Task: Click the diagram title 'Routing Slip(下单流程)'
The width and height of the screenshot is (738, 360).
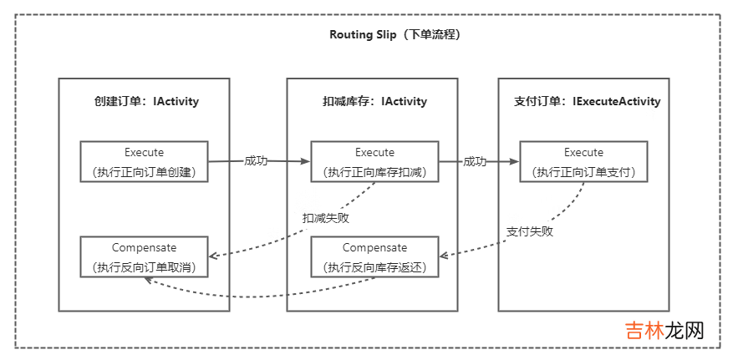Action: (395, 35)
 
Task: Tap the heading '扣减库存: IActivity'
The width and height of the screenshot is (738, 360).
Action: (374, 101)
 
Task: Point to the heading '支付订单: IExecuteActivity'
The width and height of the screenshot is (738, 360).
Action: (587, 101)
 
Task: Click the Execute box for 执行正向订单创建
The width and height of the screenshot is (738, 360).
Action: (144, 162)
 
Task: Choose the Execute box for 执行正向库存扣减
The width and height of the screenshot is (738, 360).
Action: (374, 162)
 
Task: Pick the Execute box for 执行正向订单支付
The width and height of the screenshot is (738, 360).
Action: (583, 162)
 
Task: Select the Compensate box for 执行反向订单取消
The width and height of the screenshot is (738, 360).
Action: (144, 257)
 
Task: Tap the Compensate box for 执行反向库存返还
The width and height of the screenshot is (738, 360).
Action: (374, 257)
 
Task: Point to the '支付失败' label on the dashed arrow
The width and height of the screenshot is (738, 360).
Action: (530, 231)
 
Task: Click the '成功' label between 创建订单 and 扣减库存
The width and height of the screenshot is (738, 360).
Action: (256, 160)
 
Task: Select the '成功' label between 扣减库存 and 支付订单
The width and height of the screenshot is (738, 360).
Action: (475, 160)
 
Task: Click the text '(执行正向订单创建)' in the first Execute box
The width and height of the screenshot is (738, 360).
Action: (144, 172)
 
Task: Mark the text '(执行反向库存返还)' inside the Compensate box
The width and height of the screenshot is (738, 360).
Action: (374, 267)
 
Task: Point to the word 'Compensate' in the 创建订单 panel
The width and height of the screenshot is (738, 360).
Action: (144, 248)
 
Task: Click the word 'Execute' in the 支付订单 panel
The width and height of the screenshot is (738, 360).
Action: (583, 152)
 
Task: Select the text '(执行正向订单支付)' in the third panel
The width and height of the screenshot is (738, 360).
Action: (583, 172)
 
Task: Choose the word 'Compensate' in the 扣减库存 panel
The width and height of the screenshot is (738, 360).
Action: (374, 248)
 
